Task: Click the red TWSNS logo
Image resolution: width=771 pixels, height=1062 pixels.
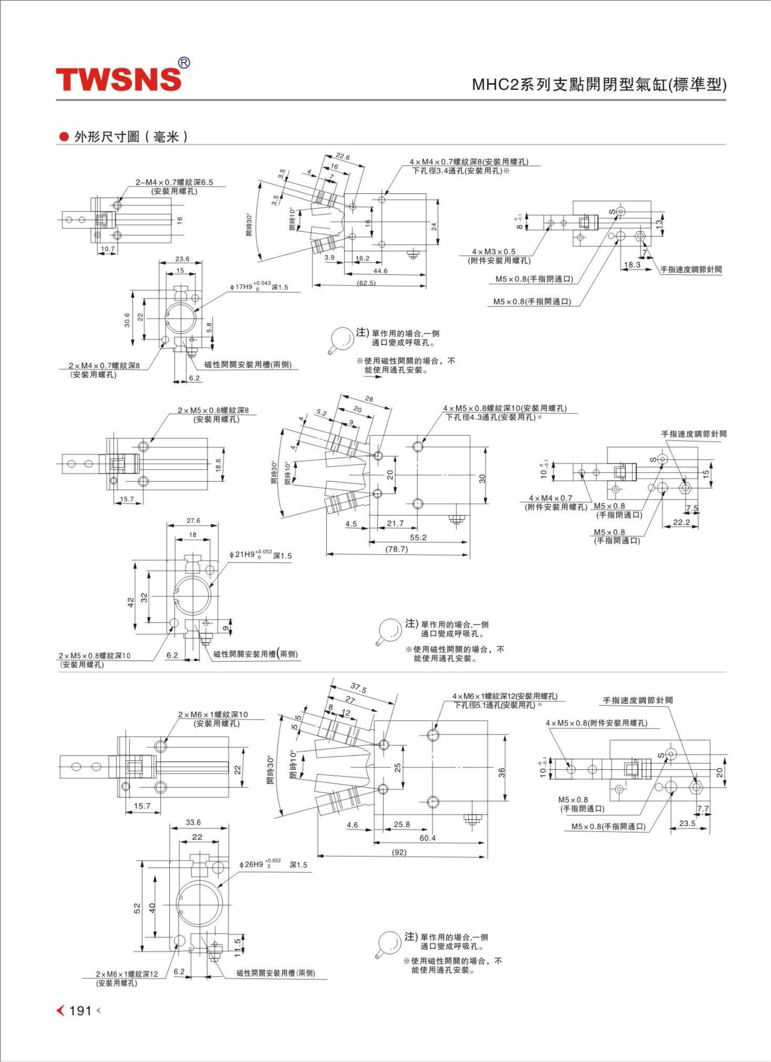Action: pos(119,79)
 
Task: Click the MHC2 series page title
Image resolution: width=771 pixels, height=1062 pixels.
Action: pos(599,85)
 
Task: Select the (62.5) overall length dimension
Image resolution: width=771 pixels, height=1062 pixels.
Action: pos(366,283)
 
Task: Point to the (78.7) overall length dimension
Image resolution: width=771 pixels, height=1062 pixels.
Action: pos(396,549)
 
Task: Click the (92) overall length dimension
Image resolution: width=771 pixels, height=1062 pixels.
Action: pos(399,853)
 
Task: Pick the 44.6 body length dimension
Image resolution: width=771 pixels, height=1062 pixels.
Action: pos(380,271)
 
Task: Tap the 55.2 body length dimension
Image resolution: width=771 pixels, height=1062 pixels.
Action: pos(418,537)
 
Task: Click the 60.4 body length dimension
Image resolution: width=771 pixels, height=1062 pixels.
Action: pos(427,838)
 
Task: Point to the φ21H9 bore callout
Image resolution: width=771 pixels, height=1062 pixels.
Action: pos(260,555)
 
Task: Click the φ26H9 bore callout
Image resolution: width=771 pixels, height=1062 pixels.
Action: pos(273,864)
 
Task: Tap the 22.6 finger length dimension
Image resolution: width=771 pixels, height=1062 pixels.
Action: pos(343,157)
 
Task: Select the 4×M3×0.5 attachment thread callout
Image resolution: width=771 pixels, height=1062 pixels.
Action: pos(496,256)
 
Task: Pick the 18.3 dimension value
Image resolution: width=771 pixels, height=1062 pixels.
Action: pos(632,265)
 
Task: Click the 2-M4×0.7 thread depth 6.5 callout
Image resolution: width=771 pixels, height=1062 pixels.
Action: pos(174,186)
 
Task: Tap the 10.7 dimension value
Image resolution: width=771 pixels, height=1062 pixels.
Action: pos(108,249)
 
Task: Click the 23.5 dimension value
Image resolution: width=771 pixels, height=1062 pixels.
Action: pos(687,823)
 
